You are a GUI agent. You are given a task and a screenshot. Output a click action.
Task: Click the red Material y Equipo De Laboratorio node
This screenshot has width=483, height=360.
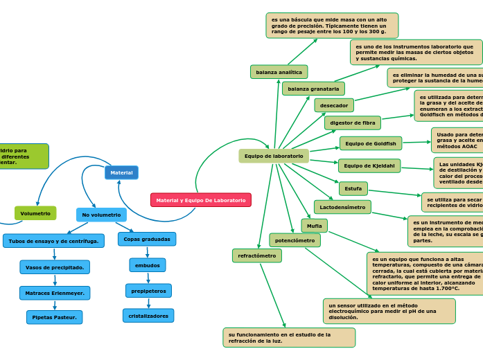[200, 200]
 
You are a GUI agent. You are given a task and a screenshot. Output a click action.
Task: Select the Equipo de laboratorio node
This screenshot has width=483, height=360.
[274, 156]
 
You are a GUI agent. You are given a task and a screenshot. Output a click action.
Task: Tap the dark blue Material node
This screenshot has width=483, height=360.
[121, 172]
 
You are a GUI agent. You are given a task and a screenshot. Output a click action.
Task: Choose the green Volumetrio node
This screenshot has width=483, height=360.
[35, 213]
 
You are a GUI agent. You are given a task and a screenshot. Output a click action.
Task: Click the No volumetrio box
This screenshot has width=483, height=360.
[101, 215]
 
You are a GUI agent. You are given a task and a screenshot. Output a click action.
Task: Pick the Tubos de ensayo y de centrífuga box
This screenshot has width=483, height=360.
[53, 241]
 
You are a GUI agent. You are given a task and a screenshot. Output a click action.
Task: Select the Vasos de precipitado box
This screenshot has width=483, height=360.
[55, 267]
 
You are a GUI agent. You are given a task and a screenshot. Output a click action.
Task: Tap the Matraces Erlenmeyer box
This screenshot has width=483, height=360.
[55, 293]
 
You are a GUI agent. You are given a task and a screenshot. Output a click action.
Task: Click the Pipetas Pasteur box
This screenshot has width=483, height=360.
[55, 317]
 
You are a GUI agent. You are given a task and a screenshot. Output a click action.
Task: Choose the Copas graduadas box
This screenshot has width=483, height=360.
[147, 239]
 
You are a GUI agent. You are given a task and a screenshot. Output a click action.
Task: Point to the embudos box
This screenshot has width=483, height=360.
[147, 265]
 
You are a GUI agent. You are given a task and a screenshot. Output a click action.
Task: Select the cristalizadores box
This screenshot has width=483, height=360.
[148, 316]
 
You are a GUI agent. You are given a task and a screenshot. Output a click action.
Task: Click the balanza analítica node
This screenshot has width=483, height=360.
[279, 72]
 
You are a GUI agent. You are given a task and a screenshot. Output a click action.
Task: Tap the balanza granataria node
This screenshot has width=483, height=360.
[313, 89]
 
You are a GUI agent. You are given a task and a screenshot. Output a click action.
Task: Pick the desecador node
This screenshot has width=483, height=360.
[334, 105]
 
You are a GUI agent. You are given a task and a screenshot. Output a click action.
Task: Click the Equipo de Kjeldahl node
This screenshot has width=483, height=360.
[369, 165]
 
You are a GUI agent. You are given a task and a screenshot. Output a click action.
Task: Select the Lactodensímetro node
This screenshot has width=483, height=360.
[342, 207]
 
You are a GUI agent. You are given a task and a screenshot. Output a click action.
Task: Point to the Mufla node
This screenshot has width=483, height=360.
[314, 226]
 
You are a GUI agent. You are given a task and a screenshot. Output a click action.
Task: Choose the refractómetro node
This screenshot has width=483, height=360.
[257, 255]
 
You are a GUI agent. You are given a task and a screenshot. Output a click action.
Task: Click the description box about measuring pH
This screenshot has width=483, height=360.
[389, 311]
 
